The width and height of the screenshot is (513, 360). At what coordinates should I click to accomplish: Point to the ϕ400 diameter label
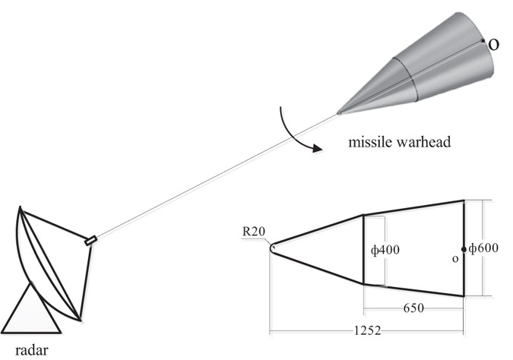pos(386,250)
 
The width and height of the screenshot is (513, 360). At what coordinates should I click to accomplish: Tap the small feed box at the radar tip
pos(90,242)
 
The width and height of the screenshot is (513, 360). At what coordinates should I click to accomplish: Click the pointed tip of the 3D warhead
pos(338,114)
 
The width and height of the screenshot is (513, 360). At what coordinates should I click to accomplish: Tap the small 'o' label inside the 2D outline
pos(454,259)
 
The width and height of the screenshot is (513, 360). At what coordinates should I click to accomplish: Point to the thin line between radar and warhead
pos(213,178)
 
